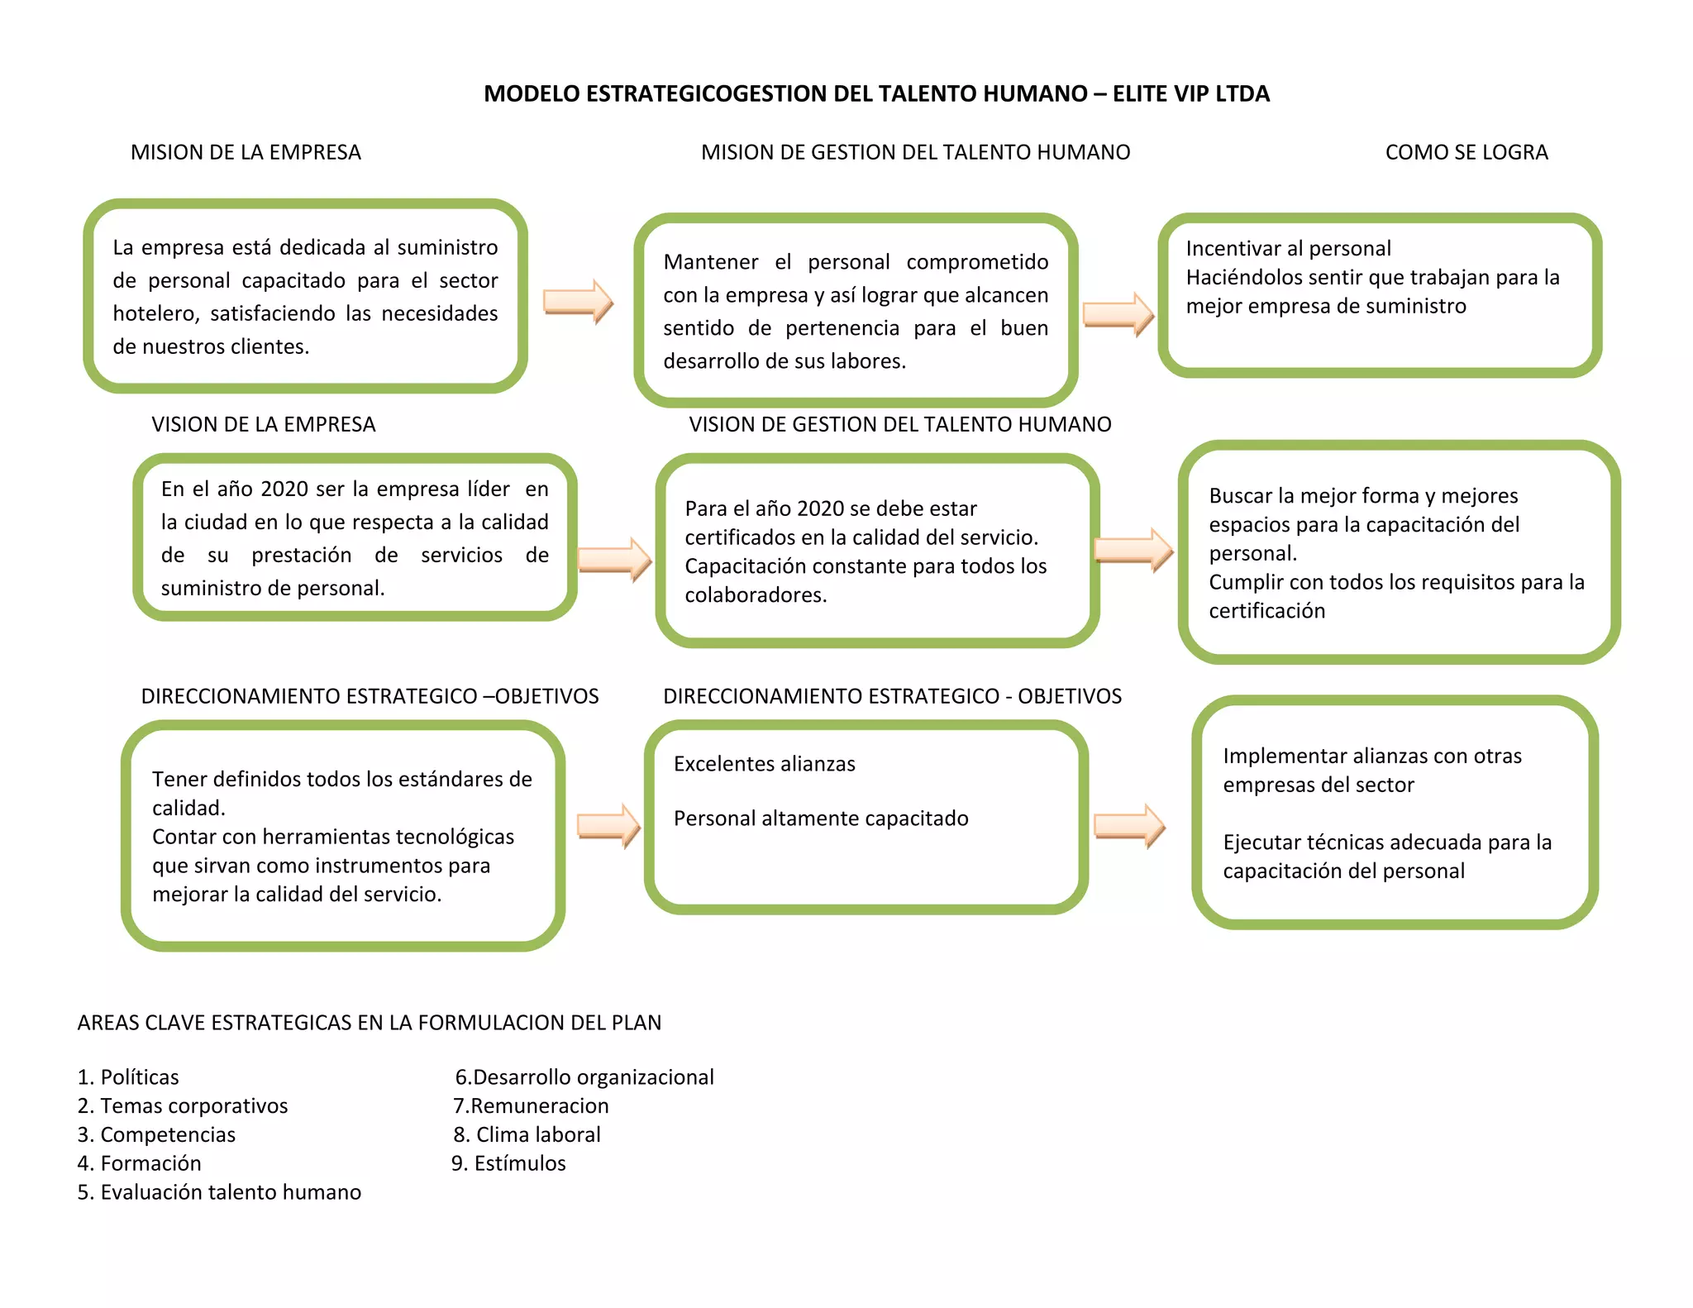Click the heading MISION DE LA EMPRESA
pos(246,152)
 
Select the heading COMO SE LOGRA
pos(1466,152)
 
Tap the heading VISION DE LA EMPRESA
pos(263,424)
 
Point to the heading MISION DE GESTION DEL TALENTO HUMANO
pos(915,152)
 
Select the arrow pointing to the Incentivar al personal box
pos(1118,314)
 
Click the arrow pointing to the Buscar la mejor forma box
pos(1133,550)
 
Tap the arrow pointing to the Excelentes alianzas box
pos(608,825)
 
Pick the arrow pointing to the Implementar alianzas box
pos(1129,825)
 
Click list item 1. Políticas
pos(128,1076)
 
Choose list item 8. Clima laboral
pos(527,1134)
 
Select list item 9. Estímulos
pos(508,1163)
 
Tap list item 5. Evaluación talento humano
pos(219,1191)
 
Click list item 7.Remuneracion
pos(531,1105)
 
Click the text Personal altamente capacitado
pos(821,818)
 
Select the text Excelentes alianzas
pos(764,763)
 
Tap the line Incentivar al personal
pos(1288,248)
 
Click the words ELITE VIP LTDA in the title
pos(1190,93)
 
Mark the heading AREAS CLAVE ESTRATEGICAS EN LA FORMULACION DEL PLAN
pos(369,1023)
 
